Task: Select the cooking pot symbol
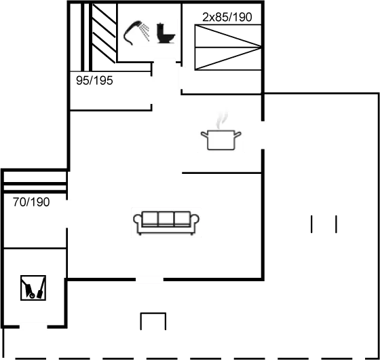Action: point(221,139)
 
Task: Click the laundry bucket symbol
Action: point(33,288)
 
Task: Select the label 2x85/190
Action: point(227,17)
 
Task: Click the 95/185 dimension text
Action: point(94,80)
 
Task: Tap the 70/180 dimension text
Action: point(31,201)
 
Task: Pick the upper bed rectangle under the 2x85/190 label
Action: point(227,36)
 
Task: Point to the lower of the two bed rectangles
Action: point(227,58)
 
